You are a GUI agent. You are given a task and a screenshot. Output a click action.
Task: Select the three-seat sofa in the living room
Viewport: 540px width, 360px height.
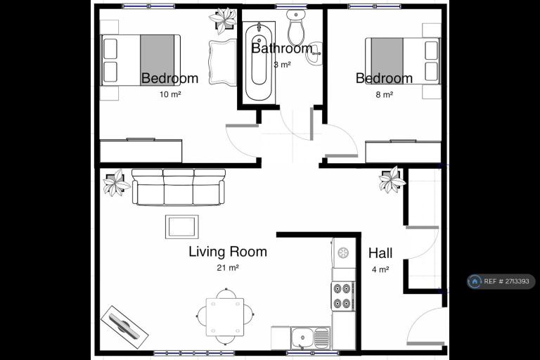[x=178, y=186]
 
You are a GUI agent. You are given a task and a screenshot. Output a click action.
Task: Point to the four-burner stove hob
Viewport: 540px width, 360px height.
[x=343, y=296]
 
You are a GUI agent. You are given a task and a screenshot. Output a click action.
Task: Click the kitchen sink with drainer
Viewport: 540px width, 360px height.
[x=310, y=338]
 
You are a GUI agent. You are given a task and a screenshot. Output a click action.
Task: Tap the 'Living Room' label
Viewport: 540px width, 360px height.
[x=228, y=251]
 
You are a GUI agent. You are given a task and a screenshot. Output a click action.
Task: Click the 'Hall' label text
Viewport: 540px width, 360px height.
[x=380, y=253]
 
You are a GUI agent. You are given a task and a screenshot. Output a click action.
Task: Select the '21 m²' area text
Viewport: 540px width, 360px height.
[x=228, y=268]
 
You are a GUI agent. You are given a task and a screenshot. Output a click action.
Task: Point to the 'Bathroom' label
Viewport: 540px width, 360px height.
[x=281, y=49]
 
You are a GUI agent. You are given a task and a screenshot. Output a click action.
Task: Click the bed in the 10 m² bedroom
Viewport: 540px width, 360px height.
[x=141, y=60]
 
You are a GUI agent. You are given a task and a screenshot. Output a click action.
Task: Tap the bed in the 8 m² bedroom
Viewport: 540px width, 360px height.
[x=401, y=60]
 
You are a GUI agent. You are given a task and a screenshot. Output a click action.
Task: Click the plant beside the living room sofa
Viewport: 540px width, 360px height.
[x=115, y=182]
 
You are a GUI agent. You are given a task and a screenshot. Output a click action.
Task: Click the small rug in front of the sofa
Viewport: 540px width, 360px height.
[x=181, y=226]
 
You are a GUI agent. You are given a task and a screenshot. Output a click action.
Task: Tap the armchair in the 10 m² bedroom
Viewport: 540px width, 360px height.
[x=223, y=61]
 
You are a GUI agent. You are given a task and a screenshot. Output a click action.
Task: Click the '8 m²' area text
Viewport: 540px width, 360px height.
[x=384, y=94]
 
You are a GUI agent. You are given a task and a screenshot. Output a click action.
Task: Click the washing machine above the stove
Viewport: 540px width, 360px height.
[x=343, y=253]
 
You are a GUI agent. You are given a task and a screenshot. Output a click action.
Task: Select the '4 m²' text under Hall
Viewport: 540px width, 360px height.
[x=380, y=269]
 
